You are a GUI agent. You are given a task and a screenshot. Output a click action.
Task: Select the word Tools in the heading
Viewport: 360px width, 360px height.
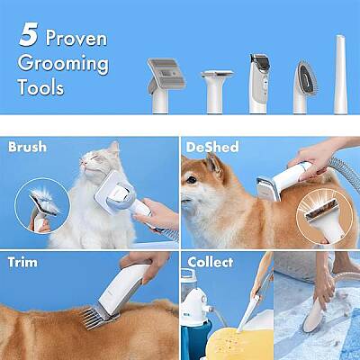pos(40,88)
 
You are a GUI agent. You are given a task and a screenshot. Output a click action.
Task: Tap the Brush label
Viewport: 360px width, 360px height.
pos(26,145)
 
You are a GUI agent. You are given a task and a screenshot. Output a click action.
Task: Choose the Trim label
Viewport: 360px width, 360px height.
pos(22,262)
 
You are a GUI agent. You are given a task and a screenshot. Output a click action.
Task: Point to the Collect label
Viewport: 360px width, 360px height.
pos(210,262)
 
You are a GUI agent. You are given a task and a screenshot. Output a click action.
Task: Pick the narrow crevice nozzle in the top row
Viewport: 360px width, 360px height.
pos(341,76)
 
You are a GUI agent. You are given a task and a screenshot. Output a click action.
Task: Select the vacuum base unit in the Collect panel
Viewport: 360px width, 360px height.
pos(195,315)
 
